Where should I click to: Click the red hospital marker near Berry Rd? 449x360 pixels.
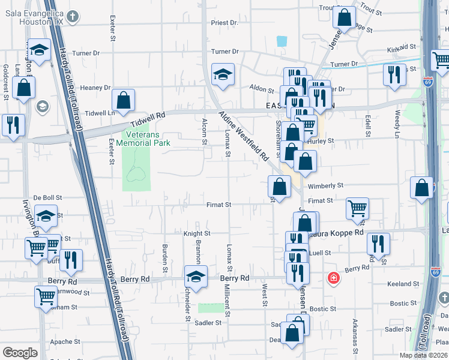coord(333,278)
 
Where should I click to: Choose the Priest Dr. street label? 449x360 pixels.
coord(225,23)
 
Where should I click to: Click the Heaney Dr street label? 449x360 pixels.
coord(95,88)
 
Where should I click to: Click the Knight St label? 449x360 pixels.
coord(197,233)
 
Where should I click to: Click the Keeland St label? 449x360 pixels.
coord(403,284)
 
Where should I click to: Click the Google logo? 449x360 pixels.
coord(20,353)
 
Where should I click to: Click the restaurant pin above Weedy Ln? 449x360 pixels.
coord(394,75)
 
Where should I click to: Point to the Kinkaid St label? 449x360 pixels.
coord(402,47)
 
